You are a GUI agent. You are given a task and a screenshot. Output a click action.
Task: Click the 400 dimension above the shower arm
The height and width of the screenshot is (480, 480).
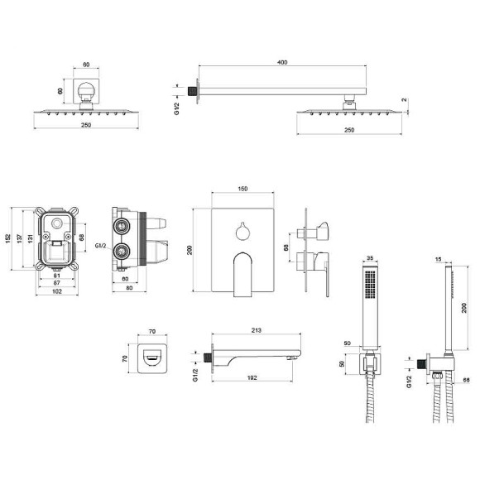(282, 62)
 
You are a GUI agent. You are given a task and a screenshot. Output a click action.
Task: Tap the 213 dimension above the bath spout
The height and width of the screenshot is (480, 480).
(257, 330)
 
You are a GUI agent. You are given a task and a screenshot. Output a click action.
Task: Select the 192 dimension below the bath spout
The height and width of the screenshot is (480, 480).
(252, 377)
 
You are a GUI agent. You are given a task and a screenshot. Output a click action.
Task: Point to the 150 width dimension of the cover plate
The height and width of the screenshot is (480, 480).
(242, 189)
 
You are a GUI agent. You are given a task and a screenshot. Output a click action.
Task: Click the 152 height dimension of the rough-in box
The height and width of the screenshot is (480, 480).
(8, 239)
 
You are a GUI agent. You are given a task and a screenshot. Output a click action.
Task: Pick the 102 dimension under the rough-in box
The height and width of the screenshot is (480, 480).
(57, 291)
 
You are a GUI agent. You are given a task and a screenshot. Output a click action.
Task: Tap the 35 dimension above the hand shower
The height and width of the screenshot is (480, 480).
(370, 258)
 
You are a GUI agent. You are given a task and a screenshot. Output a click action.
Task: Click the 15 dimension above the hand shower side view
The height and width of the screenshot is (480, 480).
(438, 260)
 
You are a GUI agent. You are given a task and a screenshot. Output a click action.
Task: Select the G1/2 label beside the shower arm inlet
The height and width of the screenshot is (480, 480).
(176, 108)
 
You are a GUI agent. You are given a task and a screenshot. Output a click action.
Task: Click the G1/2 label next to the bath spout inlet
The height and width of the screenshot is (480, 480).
(195, 375)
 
